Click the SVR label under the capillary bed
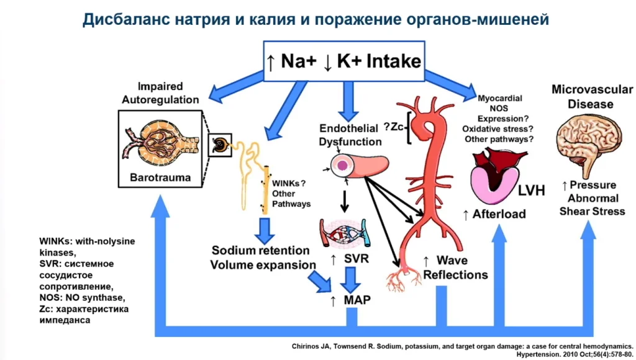tap(356, 258)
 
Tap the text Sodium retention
tap(260, 251)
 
